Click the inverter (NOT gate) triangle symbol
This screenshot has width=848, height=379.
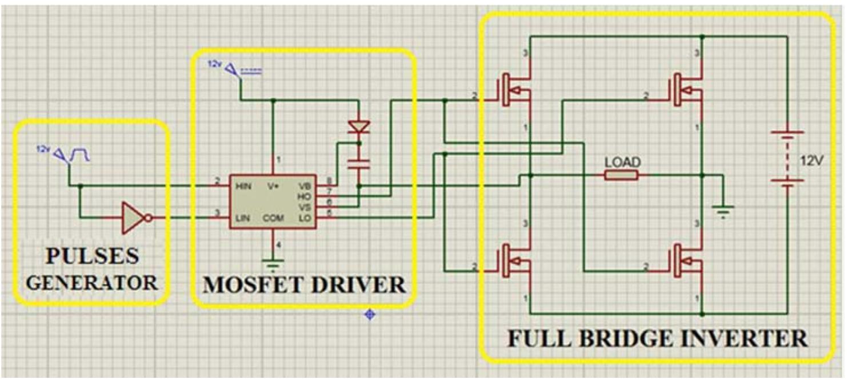[133, 217]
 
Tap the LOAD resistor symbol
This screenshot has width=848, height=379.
[622, 175]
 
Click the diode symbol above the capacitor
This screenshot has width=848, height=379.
[359, 127]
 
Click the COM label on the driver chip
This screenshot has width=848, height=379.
[273, 218]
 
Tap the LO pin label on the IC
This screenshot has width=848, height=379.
[306, 218]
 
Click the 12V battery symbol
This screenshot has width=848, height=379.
[787, 157]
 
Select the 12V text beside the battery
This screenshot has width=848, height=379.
[811, 161]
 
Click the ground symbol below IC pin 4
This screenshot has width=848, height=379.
[273, 264]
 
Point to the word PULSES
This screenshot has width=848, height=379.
[93, 256]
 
